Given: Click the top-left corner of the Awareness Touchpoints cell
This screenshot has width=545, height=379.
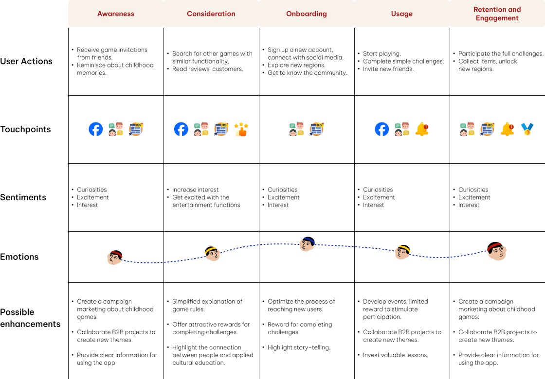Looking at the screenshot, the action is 68,95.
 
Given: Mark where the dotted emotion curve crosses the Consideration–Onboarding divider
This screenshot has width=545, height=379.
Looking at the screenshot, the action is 259,245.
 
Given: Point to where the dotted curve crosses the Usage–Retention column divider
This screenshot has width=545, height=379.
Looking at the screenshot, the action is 450,257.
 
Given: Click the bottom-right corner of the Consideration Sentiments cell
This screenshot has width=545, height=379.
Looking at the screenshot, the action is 259,231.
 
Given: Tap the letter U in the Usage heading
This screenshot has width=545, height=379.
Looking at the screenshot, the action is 394,14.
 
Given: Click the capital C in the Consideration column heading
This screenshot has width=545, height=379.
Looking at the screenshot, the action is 189,14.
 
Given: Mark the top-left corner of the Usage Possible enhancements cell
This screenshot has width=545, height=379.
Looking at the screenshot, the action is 355,282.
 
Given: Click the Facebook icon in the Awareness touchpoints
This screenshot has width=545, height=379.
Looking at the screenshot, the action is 95,129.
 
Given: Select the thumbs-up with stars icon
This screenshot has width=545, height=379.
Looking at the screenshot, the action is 241,129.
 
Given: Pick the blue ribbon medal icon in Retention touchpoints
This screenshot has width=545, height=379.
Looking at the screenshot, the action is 527,129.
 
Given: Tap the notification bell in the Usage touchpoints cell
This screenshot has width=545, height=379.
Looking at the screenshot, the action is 422,129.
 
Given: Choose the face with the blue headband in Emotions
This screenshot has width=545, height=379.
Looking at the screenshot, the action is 307,243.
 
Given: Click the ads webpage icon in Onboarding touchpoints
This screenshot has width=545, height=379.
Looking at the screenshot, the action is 316,129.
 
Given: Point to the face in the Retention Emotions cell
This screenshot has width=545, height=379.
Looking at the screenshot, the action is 497,251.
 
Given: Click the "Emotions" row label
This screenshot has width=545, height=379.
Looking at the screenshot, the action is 19,257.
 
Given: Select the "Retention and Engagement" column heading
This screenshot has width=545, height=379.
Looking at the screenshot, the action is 497,14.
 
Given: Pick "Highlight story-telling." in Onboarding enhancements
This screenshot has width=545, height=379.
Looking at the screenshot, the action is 299,347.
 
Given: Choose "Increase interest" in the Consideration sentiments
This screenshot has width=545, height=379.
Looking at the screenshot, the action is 195,190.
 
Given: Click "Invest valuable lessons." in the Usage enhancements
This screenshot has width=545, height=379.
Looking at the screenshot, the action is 396,355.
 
